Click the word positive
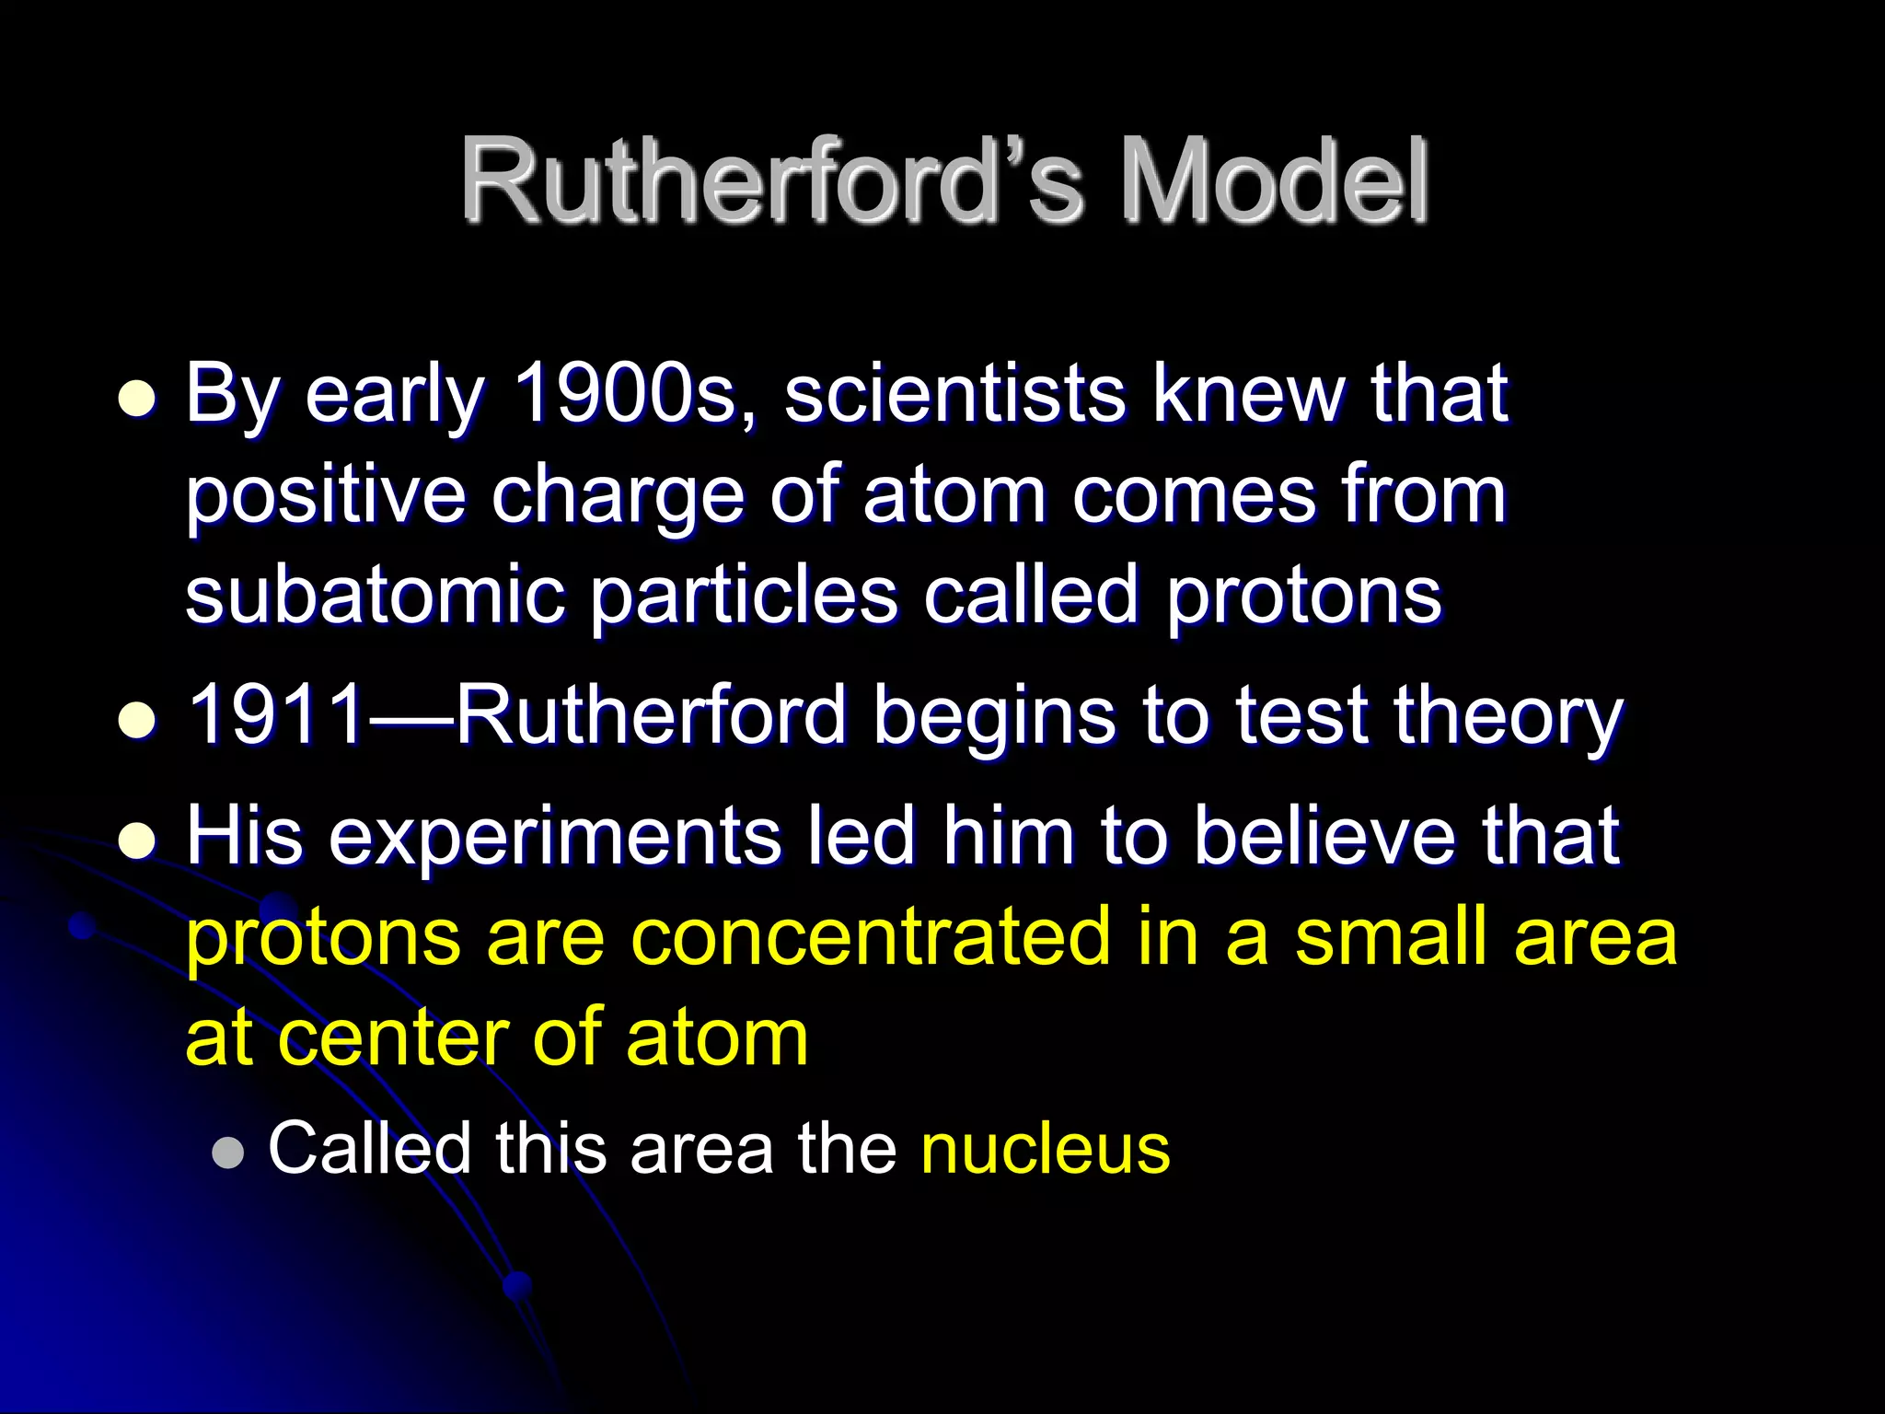click(325, 497)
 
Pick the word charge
click(617, 497)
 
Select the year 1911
click(276, 715)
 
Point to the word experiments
click(555, 838)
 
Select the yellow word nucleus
click(1045, 1149)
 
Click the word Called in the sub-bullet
click(369, 1148)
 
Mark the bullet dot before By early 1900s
click(137, 400)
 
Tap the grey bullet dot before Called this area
click(228, 1153)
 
